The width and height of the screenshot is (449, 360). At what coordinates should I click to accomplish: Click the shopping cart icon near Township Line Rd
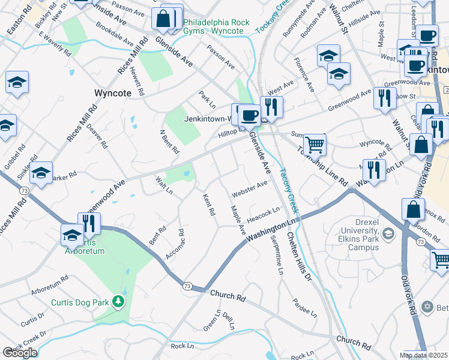coord(314,145)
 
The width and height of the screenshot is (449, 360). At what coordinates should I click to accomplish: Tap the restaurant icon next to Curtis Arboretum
coord(89,223)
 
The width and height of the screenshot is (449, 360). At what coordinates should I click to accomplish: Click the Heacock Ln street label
coord(263,213)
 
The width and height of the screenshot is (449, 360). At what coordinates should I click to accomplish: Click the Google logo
coord(20,352)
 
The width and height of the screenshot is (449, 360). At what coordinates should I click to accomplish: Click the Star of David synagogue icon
coord(427,307)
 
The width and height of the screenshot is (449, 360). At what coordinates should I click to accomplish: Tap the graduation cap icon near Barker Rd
coord(41,173)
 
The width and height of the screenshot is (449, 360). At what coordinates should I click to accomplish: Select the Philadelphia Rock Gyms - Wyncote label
coord(216,27)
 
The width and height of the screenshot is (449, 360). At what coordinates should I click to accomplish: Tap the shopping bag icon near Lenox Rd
coord(413,209)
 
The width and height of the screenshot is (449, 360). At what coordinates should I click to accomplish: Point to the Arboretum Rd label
coord(50,287)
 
